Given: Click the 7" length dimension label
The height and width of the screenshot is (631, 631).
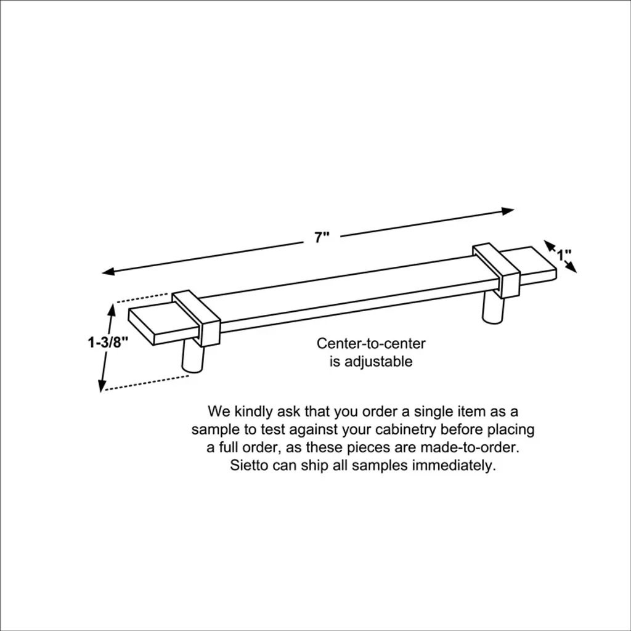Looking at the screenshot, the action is coord(322,237).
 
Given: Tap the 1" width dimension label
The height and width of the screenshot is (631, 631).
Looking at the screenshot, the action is coord(564,254).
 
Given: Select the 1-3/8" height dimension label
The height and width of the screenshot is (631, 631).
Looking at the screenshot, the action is coord(108,343).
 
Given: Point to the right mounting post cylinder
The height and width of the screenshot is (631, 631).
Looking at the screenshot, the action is coord(492,308).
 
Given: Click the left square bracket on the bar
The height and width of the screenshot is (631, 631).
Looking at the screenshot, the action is coord(197,318).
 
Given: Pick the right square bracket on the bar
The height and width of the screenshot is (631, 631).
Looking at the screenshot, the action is coord(496,270).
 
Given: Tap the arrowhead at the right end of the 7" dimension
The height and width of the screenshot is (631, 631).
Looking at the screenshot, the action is coord(508,211).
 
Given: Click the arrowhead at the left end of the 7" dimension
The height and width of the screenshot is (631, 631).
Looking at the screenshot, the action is coord(108,272).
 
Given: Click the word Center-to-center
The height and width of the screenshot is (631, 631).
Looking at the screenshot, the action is coord(371,343).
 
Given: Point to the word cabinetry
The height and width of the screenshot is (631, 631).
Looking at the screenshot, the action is coord(405,429).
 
